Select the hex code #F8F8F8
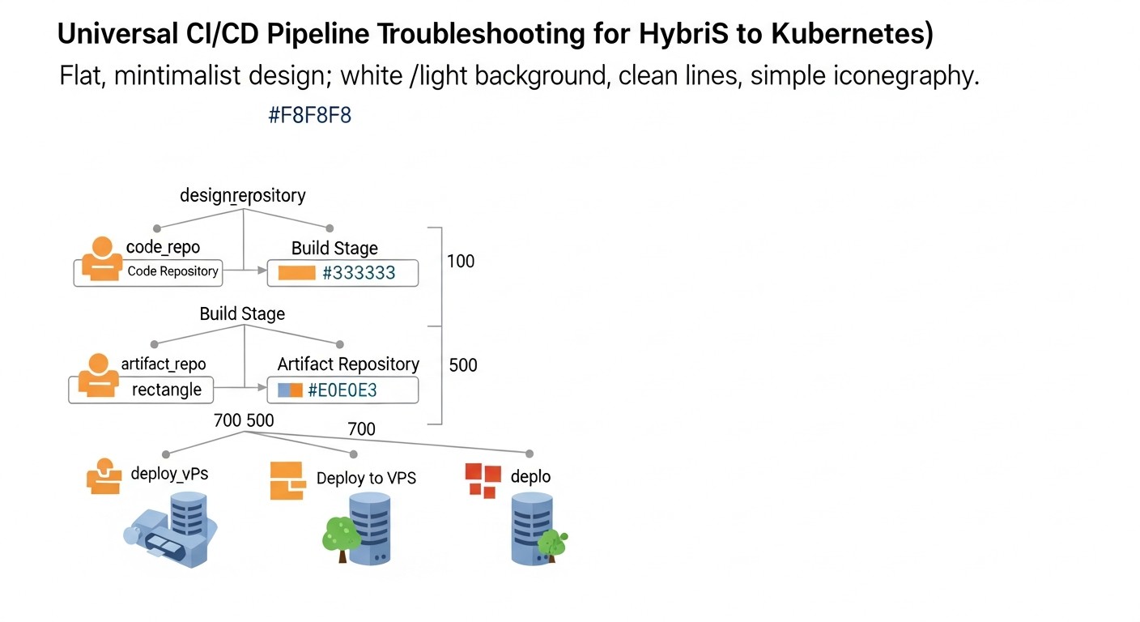pos(309,115)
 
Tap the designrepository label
pos(242,195)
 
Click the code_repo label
pos(163,247)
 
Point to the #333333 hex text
pos(359,273)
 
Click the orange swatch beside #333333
pos(296,273)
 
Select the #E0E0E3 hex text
pos(342,390)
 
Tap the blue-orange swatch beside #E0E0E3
pos(289,390)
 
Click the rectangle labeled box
pos(166,390)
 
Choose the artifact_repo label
pos(163,364)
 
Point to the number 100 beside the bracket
pos(461,261)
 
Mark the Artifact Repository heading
pos(348,364)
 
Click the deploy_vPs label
pos(169,474)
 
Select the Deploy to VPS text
pos(366,478)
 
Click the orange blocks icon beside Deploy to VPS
pos(287,481)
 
